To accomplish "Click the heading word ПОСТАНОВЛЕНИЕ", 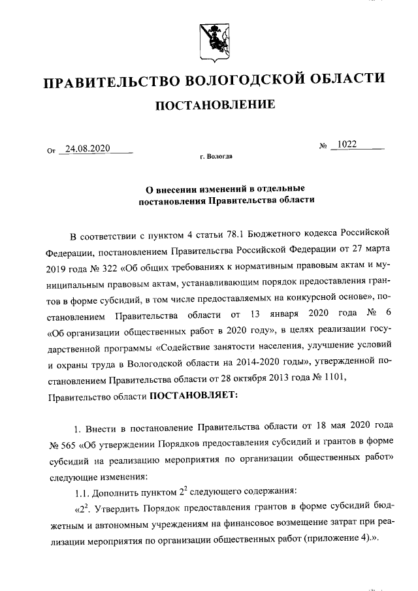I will coord(209,104).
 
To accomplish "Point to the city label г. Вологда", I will coord(216,157).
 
